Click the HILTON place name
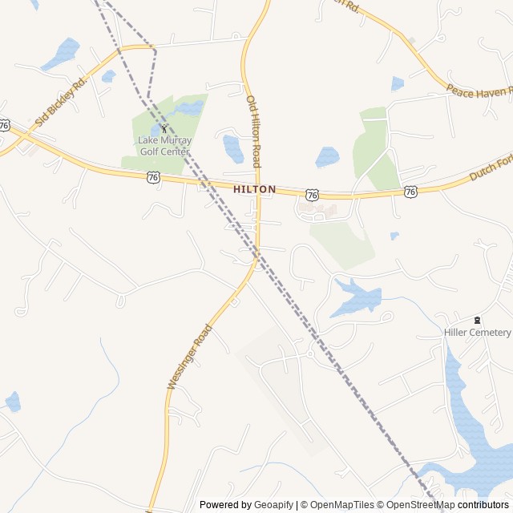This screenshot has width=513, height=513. point(255,189)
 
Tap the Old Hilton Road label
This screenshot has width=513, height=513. point(253,131)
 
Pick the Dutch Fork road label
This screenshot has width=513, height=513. point(490,167)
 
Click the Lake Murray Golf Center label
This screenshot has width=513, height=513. point(164,145)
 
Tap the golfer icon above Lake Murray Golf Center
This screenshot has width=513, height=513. point(164,127)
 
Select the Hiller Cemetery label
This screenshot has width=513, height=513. point(478,332)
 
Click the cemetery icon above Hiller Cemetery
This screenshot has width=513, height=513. point(478,320)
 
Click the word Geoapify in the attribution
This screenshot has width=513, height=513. point(274,505)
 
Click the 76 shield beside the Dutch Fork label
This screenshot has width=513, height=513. point(410,191)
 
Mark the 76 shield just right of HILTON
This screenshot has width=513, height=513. point(313,195)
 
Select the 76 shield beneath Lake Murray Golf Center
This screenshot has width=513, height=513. point(153,177)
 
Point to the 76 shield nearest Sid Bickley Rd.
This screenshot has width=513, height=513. point(5,125)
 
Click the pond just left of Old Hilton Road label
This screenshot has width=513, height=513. point(233,149)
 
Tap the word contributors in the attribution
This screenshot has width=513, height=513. point(483,505)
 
